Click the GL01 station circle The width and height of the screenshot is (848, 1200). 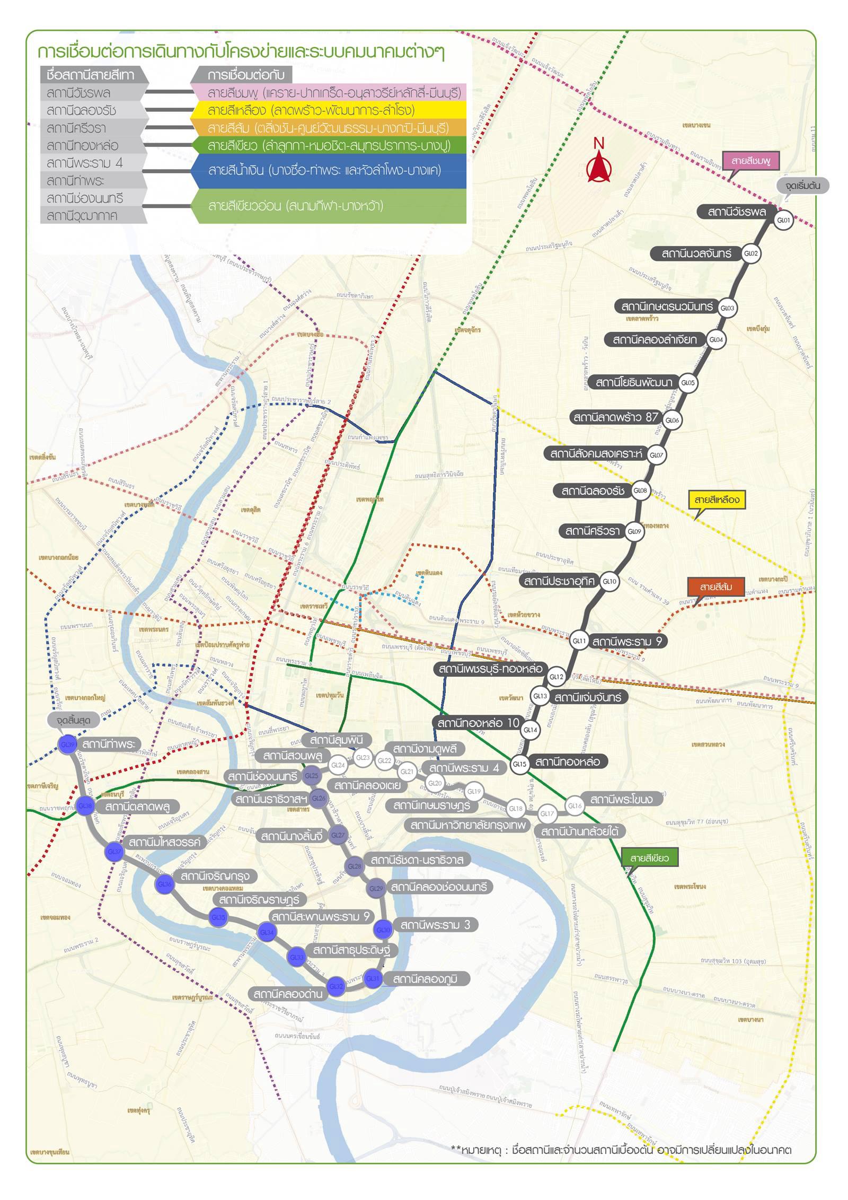click(783, 220)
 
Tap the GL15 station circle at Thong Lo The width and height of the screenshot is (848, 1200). click(519, 764)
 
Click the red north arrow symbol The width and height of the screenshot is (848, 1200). click(599, 166)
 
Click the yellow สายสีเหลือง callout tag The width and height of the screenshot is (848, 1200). click(717, 500)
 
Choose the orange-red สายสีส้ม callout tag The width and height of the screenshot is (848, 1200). click(716, 587)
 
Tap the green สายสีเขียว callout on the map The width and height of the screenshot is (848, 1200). click(649, 858)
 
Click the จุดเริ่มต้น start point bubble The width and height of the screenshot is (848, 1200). click(802, 186)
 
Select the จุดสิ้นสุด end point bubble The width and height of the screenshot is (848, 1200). click(74, 721)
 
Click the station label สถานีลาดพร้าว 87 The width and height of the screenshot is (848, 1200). click(615, 417)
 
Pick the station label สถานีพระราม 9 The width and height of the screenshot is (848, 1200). click(627, 642)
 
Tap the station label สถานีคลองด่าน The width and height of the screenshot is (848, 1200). click(288, 994)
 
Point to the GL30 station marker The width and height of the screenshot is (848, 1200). click(383, 930)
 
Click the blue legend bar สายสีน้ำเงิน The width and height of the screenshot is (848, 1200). click(329, 171)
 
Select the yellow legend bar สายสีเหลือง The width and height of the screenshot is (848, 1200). click(329, 110)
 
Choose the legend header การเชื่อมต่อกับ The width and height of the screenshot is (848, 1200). click(245, 75)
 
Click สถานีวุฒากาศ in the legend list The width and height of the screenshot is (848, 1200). click(82, 215)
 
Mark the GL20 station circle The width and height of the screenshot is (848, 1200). click(435, 783)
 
